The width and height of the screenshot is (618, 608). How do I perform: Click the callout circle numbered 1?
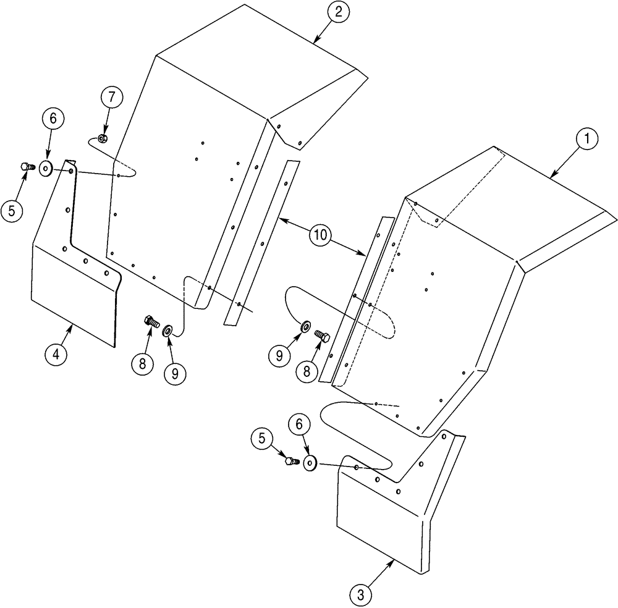click(x=586, y=141)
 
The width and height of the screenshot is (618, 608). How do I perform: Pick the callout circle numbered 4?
click(x=56, y=355)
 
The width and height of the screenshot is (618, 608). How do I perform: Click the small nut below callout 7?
click(x=103, y=138)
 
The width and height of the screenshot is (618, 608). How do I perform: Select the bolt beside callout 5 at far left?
click(x=27, y=166)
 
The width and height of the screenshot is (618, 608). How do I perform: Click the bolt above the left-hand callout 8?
click(x=150, y=321)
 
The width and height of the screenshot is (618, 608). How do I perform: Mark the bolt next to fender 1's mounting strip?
click(x=322, y=336)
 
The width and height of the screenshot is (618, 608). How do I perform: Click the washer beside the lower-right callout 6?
click(x=310, y=463)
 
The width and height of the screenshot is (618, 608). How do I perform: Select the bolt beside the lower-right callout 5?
click(x=290, y=460)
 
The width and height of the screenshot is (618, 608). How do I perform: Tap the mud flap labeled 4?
click(x=74, y=290)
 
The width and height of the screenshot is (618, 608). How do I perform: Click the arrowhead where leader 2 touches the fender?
click(x=315, y=42)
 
